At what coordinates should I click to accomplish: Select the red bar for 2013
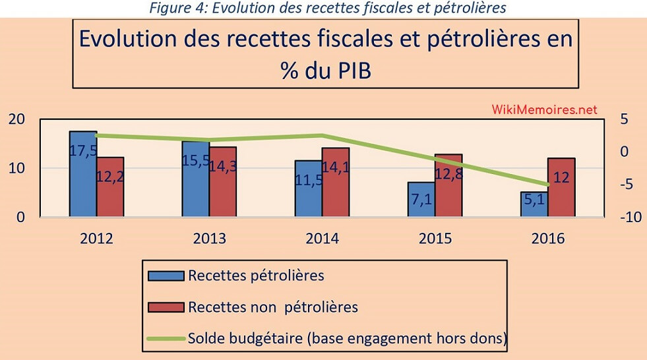click(x=223, y=181)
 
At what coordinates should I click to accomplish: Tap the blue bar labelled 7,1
click(x=421, y=199)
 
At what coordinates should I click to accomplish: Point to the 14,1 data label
click(x=336, y=167)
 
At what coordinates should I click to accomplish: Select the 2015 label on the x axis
click(x=435, y=239)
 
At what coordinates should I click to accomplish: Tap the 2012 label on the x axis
click(x=96, y=239)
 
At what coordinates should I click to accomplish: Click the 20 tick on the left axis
click(x=17, y=119)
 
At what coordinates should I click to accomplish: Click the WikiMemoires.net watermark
click(x=544, y=109)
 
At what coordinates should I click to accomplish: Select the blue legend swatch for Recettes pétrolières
click(x=166, y=276)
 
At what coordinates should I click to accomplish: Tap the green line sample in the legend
click(x=166, y=338)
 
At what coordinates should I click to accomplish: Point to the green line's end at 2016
click(x=547, y=185)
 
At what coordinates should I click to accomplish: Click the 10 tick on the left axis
click(x=17, y=168)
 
